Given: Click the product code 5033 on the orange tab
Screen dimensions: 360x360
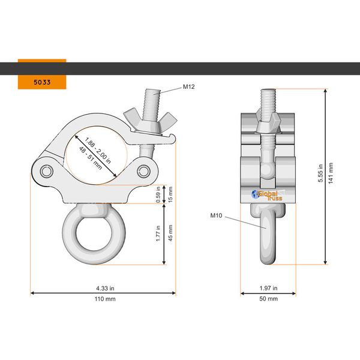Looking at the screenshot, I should coord(41,81).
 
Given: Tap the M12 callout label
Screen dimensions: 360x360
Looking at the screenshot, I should coord(189,87).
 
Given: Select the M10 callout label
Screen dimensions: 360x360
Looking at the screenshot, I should coord(217,214).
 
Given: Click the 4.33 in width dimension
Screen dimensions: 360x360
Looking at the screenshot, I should coord(103,288).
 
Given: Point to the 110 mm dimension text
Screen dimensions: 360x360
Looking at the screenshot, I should coord(103,298).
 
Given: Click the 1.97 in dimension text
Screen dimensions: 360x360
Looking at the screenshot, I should coord(268,288).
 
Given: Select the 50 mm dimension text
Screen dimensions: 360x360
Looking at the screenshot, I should coord(268,298).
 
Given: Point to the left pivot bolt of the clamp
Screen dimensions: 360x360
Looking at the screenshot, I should coord(47,172).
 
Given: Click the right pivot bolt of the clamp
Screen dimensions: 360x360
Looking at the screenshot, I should coord(144,172).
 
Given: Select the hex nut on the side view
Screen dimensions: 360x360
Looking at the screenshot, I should coord(268,124).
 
